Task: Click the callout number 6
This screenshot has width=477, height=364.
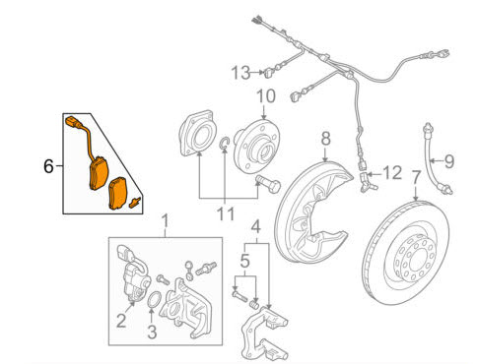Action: point(48,166)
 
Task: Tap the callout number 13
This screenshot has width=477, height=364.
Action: point(240,73)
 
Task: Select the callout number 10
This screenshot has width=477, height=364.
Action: point(266,96)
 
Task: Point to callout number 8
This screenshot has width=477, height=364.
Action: point(325,139)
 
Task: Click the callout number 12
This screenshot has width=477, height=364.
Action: point(392,173)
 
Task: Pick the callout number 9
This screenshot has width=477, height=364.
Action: point(449,161)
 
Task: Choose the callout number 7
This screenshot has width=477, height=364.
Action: point(416,178)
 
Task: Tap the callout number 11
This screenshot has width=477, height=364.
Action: point(227,214)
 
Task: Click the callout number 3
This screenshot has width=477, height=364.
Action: point(152,332)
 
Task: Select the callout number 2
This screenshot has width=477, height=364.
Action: point(121,321)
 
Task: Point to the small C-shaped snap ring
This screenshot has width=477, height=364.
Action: point(223,144)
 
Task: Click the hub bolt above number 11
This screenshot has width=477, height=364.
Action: point(268,184)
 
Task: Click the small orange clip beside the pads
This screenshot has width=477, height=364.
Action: point(135,203)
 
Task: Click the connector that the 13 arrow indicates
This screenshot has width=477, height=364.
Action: point(269,72)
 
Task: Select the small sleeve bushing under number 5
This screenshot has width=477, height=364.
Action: point(254,304)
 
